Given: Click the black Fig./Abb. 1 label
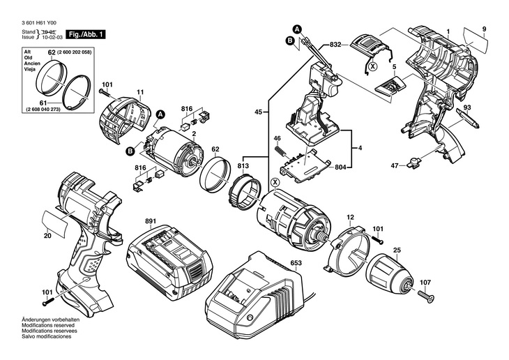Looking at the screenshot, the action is (x=86, y=34).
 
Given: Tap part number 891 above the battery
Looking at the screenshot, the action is (x=151, y=221).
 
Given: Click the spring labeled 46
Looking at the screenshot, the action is (x=280, y=151).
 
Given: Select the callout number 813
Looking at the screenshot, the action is (x=243, y=166).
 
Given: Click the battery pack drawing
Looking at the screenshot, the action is (x=170, y=260).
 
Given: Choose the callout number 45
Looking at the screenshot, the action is (x=258, y=112).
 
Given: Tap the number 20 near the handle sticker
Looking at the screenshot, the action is (x=47, y=236).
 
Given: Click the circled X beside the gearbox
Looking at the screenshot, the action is (x=275, y=182).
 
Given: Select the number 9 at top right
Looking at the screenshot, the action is (x=484, y=29).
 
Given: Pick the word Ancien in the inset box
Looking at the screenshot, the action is (x=32, y=63).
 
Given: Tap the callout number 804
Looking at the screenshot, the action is (x=340, y=167).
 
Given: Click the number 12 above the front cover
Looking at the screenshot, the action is (x=350, y=218).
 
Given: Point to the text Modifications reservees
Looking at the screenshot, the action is (x=50, y=331).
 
